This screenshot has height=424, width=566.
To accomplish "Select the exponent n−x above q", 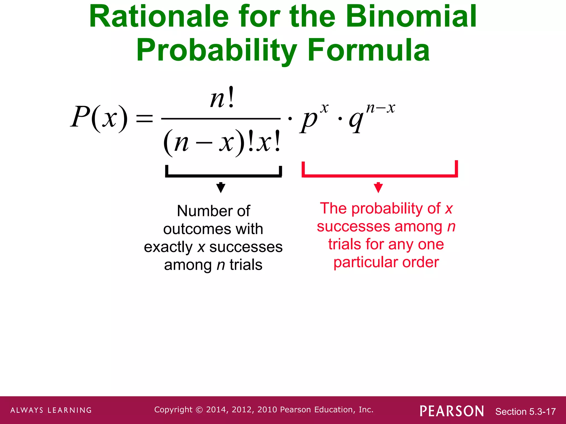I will point(381,108).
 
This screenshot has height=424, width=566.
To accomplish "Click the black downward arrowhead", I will point(221,187).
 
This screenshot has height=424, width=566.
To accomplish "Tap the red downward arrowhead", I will point(378,187).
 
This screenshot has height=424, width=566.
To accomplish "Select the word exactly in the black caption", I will point(168,247).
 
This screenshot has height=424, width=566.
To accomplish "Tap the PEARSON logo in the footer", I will point(452,411).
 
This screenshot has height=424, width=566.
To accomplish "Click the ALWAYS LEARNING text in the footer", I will point(51,410).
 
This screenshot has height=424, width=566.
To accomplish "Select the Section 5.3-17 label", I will point(525,412).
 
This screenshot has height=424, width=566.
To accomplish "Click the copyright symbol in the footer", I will point(199,410).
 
